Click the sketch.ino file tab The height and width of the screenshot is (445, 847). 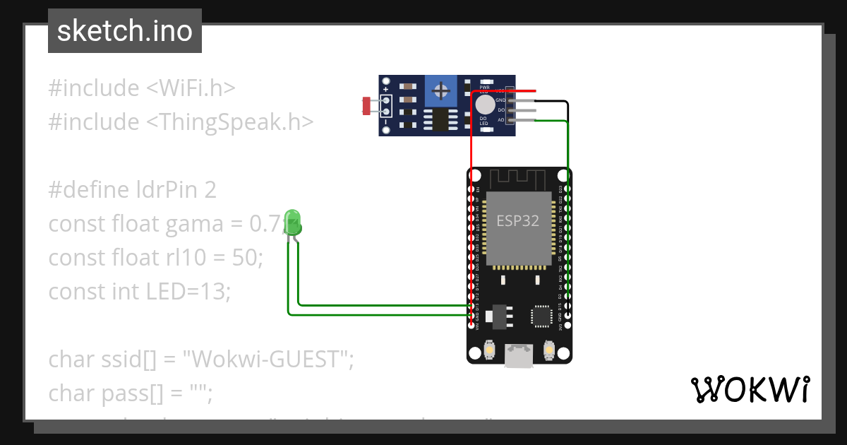coord(124,31)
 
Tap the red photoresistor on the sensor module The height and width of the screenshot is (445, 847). coord(366,106)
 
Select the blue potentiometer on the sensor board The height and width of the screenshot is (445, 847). coord(442,90)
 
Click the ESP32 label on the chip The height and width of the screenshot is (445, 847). coord(517,220)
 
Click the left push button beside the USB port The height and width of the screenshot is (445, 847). coord(490,350)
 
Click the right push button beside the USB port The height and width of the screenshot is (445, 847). coord(549,350)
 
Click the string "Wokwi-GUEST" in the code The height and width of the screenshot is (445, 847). coord(268,359)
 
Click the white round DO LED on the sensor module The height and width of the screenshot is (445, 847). coord(485,105)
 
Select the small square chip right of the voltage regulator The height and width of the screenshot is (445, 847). coord(541,316)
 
